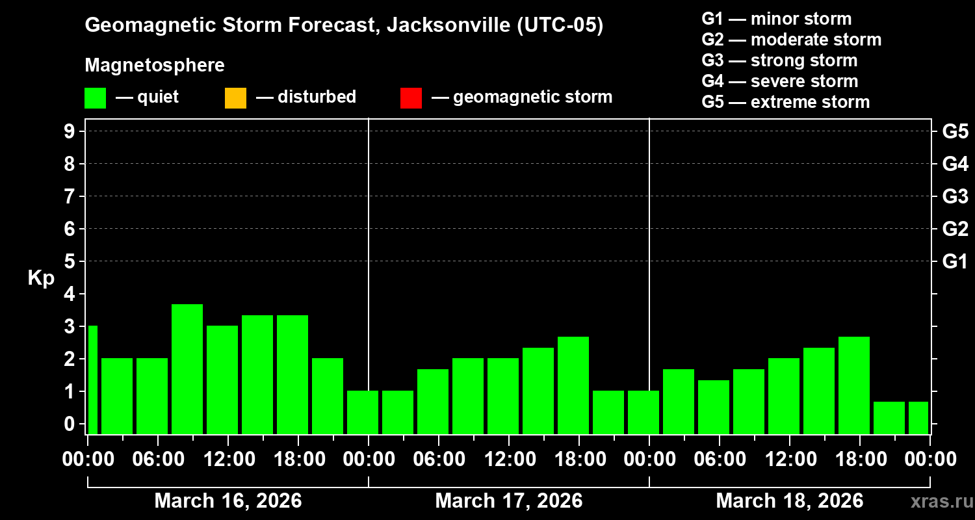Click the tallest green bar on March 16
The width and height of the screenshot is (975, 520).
187,369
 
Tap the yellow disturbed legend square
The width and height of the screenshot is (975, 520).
235,97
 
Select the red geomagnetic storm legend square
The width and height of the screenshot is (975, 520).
411,97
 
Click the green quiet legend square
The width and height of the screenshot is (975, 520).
95,97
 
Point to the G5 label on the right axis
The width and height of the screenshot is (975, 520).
955,132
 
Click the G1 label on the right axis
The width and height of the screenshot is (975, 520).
955,262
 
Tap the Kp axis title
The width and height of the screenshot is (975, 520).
41,278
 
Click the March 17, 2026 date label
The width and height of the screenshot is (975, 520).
508,501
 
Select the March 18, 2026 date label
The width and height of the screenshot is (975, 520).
789,501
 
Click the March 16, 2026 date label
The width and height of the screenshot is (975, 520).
227,501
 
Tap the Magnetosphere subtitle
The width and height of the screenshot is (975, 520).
155,66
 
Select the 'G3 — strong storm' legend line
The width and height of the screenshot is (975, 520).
779,60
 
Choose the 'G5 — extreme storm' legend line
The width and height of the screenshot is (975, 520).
785,102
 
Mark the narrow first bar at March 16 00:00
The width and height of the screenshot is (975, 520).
92,380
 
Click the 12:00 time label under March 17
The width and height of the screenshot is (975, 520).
508,460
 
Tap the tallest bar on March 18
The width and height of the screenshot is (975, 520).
854,385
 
